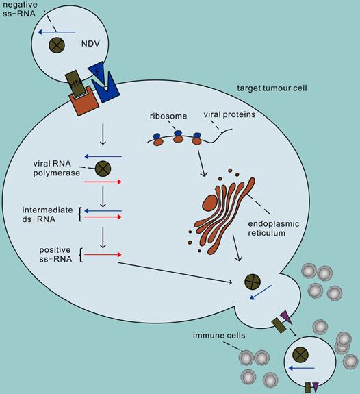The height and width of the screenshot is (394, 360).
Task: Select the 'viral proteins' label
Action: (230, 115)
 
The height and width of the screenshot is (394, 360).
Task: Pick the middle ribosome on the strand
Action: (178, 138)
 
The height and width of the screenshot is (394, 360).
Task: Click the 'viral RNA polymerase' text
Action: (54, 169)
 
